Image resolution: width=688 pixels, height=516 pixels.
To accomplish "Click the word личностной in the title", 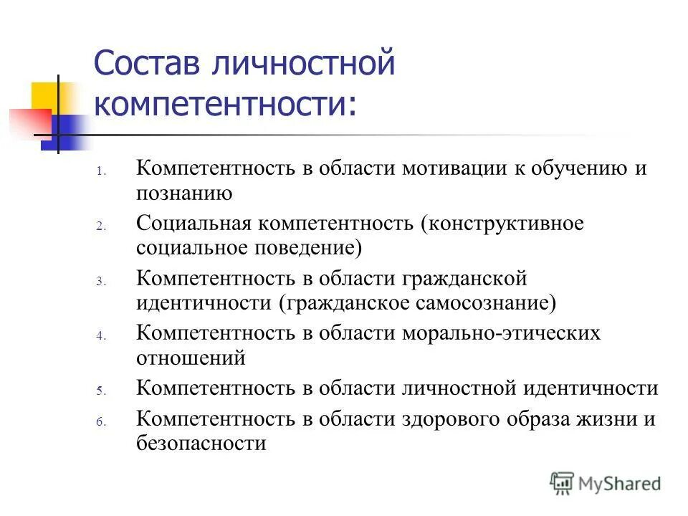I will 302,65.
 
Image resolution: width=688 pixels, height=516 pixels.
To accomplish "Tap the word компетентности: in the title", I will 224,105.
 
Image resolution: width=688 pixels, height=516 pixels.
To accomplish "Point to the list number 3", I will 101,281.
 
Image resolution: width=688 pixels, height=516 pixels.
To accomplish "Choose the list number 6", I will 101,423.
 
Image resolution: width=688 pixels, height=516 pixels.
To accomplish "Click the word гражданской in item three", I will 458,277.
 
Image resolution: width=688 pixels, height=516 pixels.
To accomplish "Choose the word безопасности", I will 201,444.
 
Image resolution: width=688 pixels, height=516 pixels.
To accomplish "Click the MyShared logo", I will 606,484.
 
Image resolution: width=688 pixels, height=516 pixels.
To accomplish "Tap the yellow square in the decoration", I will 45,96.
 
